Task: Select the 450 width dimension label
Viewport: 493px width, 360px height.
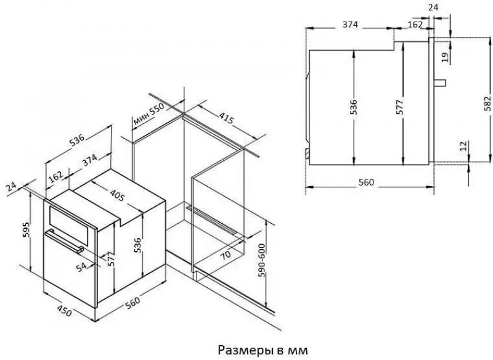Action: [65, 310]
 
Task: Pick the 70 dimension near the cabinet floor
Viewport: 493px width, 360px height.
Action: [225, 255]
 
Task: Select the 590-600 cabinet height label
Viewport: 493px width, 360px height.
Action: [261, 260]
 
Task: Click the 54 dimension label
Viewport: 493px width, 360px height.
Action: [81, 267]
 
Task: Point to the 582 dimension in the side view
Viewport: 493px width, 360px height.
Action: [487, 103]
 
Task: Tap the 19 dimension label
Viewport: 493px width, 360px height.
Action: [444, 57]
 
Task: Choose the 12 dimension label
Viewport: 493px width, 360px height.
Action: [463, 146]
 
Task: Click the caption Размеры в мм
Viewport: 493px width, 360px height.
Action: [263, 350]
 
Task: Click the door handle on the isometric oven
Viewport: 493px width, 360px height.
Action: [65, 241]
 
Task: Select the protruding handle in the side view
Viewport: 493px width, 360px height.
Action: [440, 83]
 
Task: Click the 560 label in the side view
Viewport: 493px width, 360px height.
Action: [366, 182]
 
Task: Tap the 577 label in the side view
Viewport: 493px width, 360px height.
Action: [399, 107]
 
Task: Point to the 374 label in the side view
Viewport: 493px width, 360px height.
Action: [350, 25]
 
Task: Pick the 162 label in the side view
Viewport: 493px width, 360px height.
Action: [415, 24]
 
